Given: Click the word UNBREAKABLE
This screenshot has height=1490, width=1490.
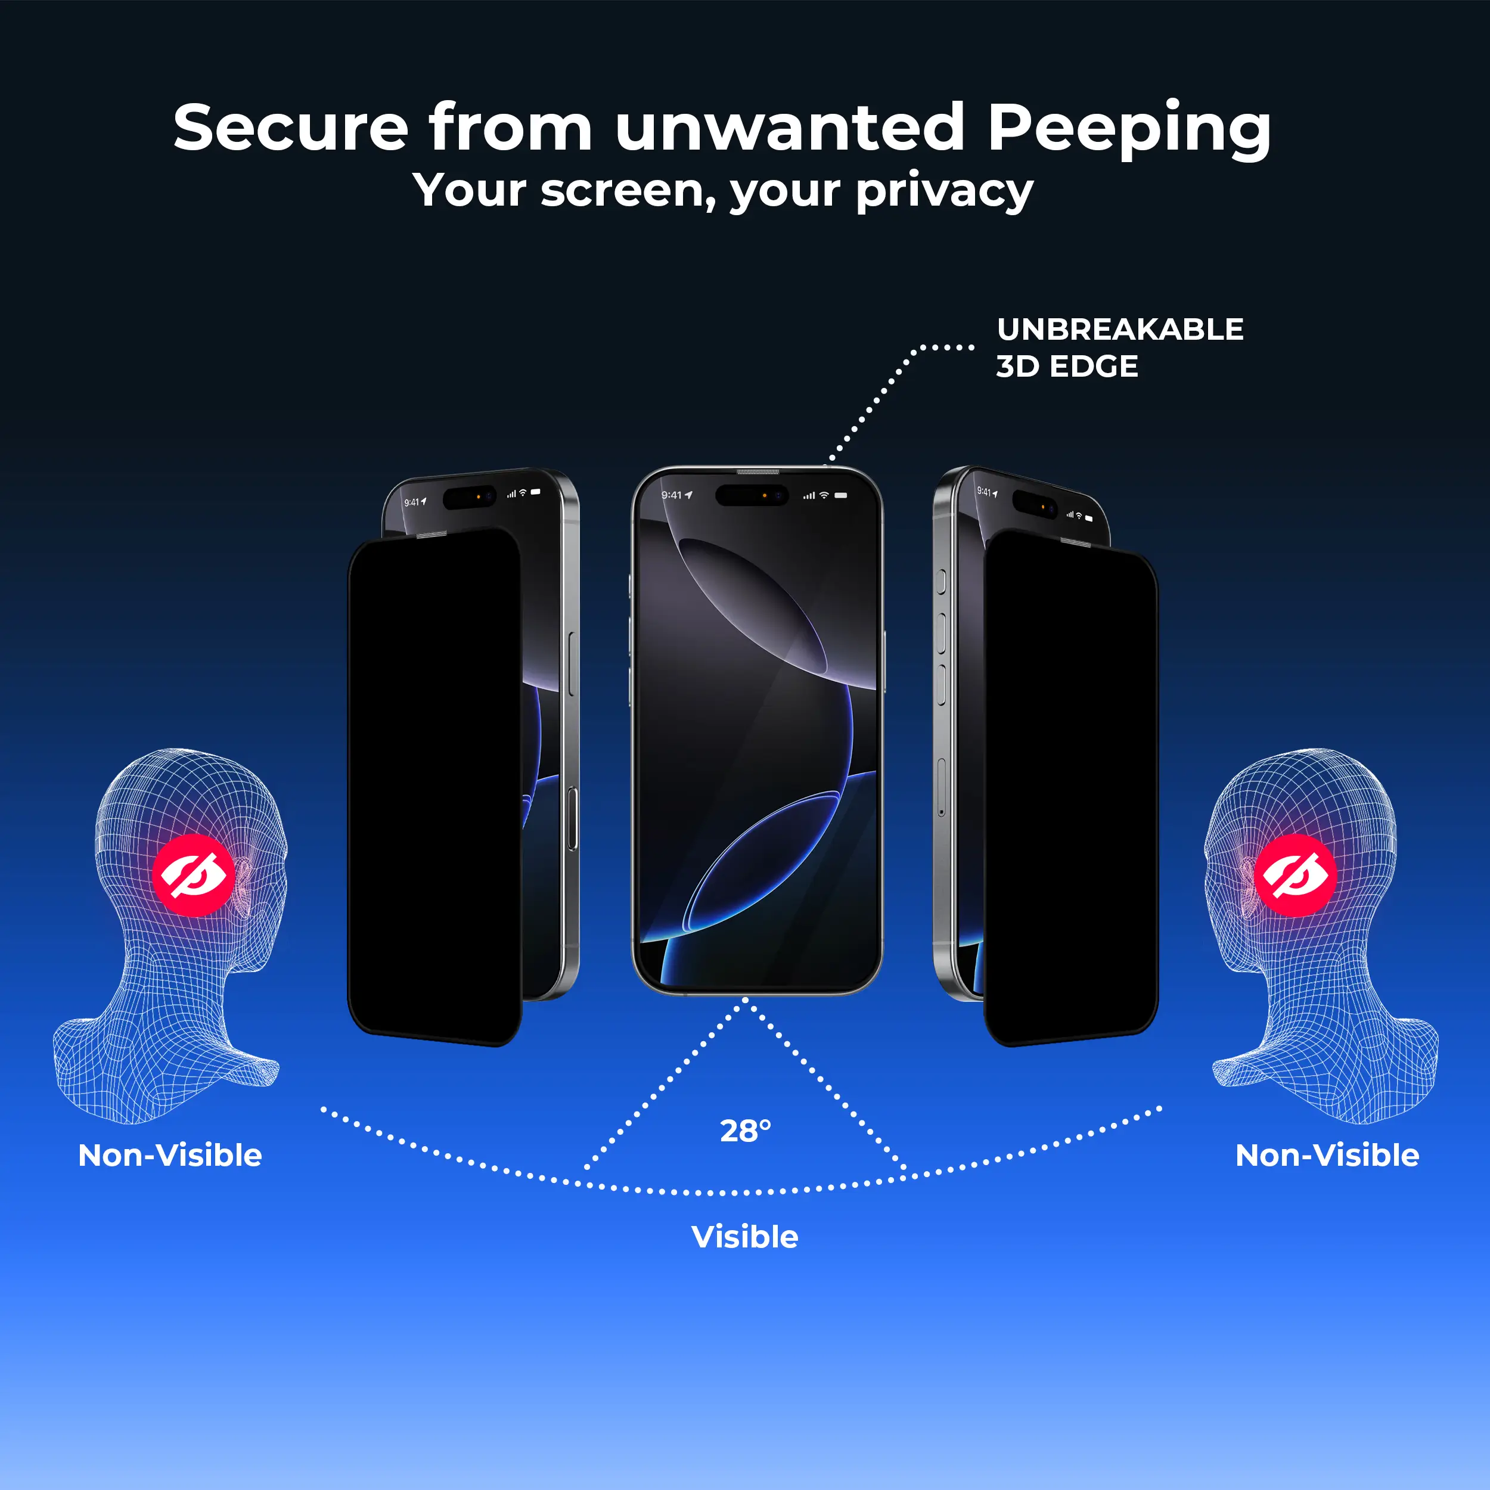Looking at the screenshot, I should (1120, 330).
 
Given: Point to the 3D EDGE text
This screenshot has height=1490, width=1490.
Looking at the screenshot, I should (1067, 367).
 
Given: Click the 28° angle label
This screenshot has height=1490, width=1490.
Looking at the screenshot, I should (745, 1131).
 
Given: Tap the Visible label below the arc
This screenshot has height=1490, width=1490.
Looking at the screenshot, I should (744, 1237).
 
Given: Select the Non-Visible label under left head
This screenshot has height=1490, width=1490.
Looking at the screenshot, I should (170, 1155).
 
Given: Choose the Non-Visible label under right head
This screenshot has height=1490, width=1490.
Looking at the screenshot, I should (1327, 1155).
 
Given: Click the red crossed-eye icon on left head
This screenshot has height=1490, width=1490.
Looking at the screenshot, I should (193, 874).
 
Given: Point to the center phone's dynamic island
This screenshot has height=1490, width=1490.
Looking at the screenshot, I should (752, 495).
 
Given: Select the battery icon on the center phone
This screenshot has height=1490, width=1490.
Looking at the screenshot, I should (840, 495).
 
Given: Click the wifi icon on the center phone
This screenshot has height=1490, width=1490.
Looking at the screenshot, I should (824, 495).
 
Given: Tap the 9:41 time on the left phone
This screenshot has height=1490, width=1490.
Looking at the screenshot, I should (415, 502).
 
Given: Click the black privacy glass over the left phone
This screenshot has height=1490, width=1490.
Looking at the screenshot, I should (434, 787).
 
